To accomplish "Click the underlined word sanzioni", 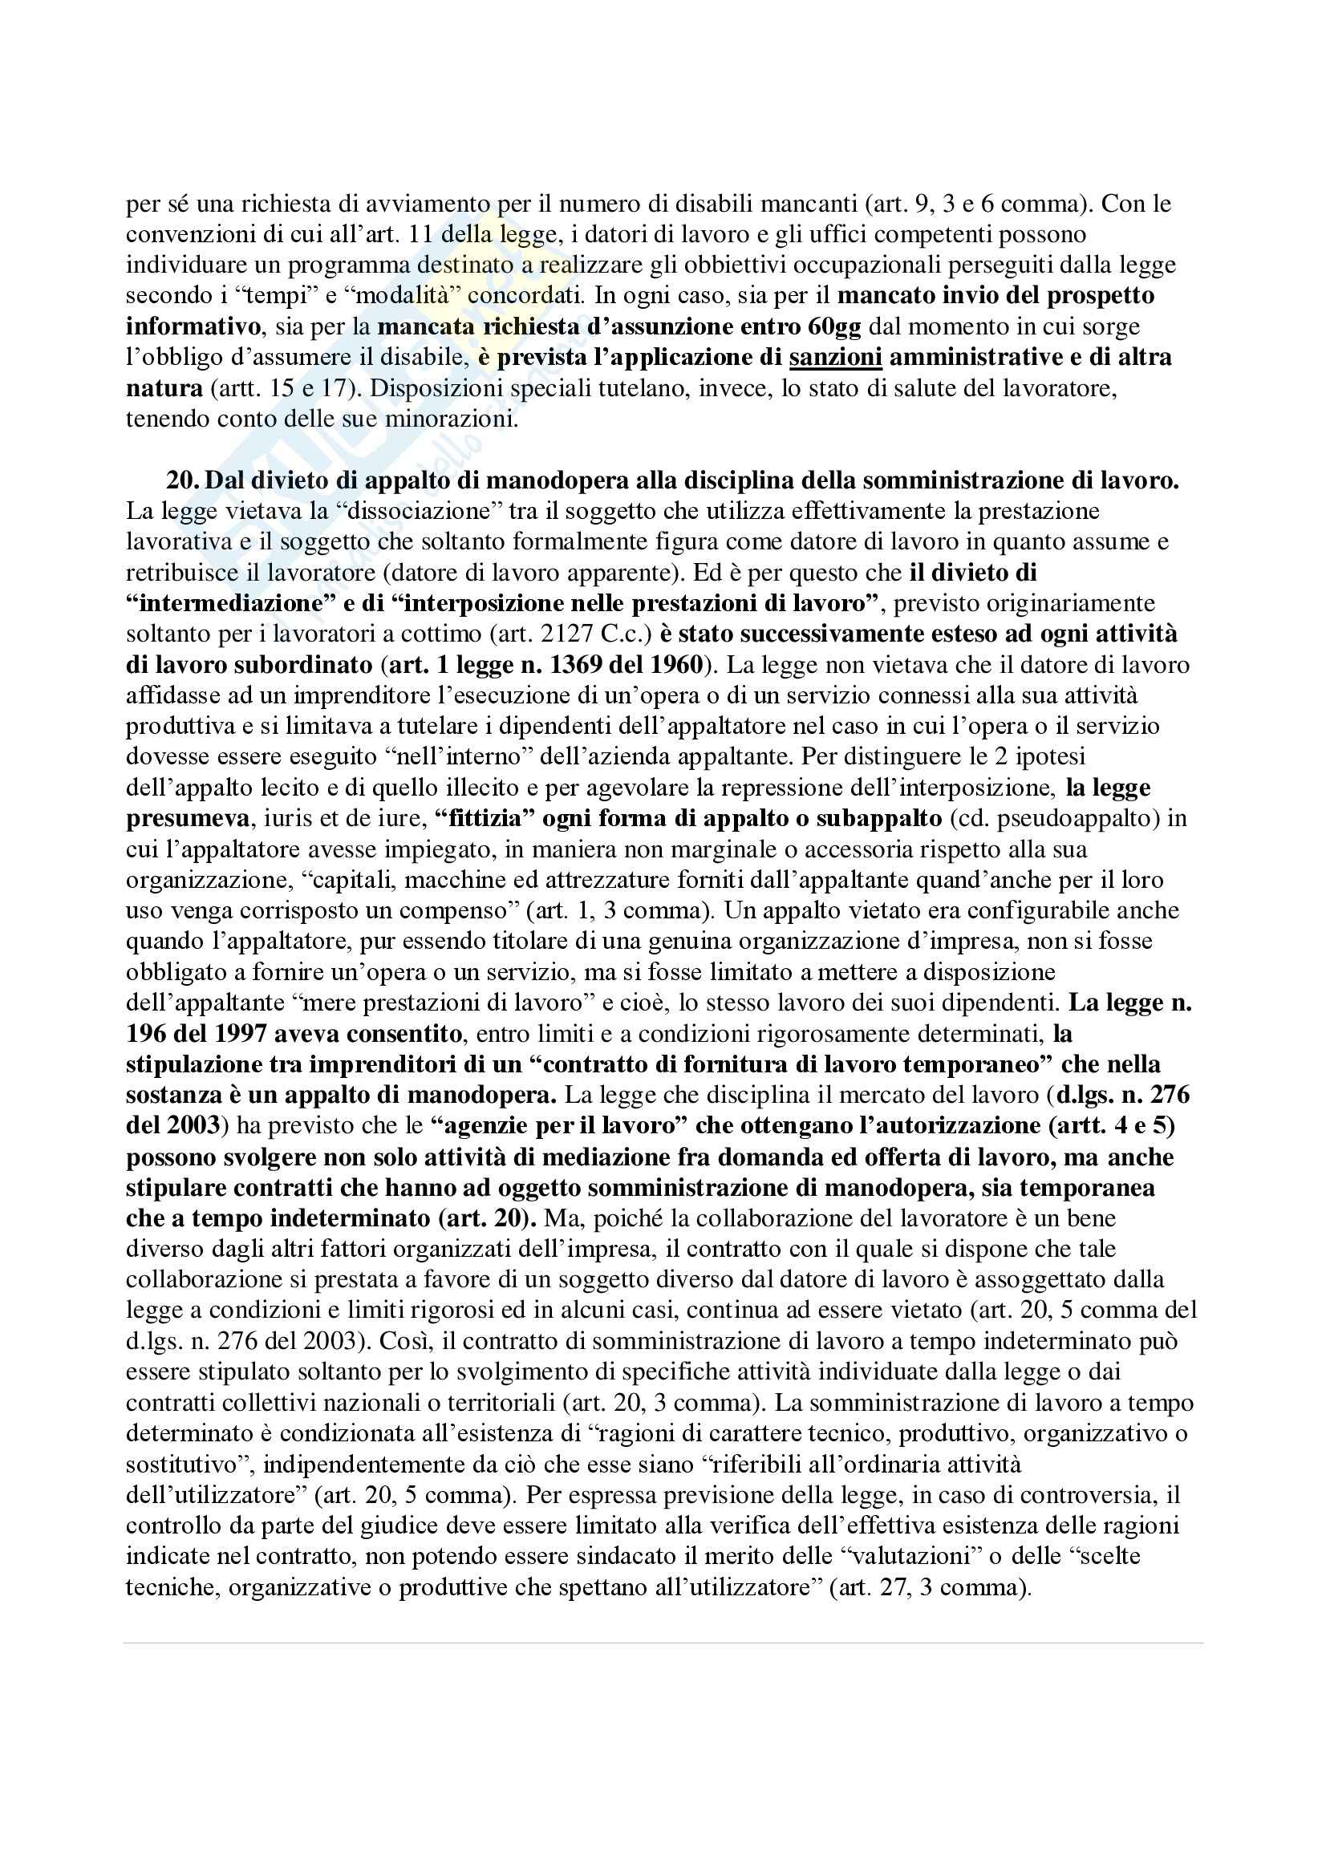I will (x=836, y=357).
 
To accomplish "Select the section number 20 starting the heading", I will (x=181, y=480).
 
